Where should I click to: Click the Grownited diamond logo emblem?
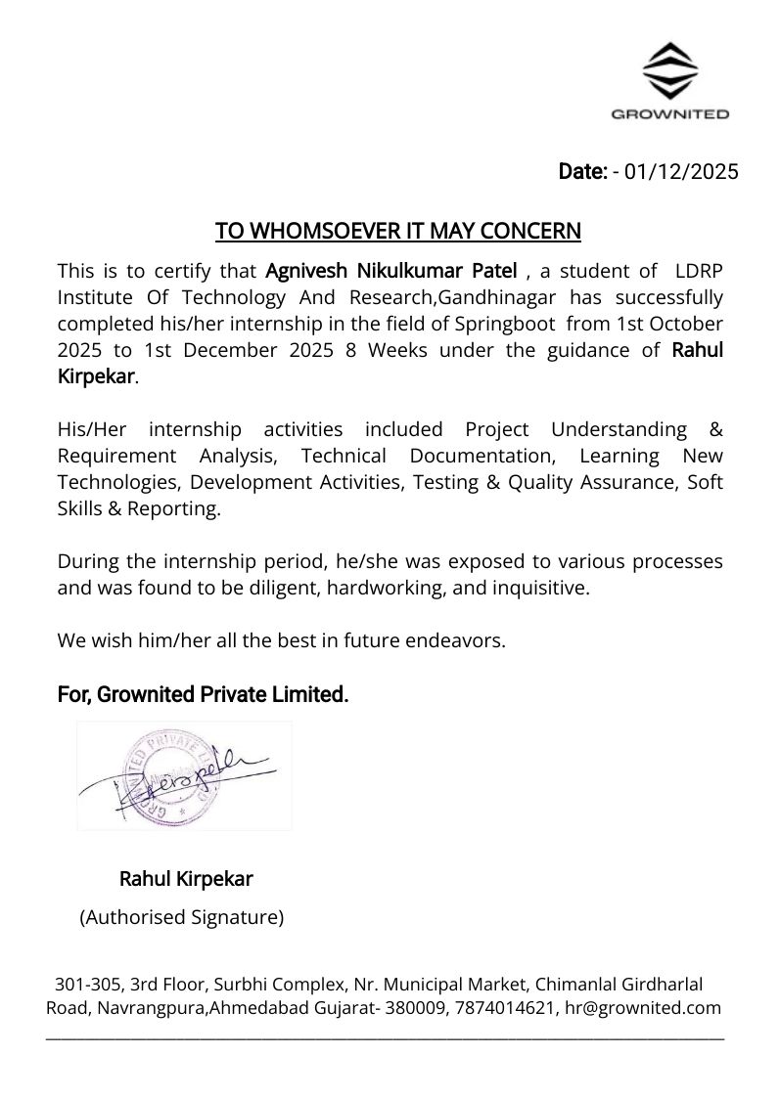click(x=669, y=70)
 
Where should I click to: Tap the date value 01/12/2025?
click(x=681, y=172)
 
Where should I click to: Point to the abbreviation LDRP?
click(x=700, y=270)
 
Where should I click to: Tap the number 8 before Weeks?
click(x=350, y=350)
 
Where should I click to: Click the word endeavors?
click(x=457, y=641)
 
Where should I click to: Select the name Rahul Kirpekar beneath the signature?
click(x=186, y=879)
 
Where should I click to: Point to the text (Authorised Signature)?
click(x=181, y=918)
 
